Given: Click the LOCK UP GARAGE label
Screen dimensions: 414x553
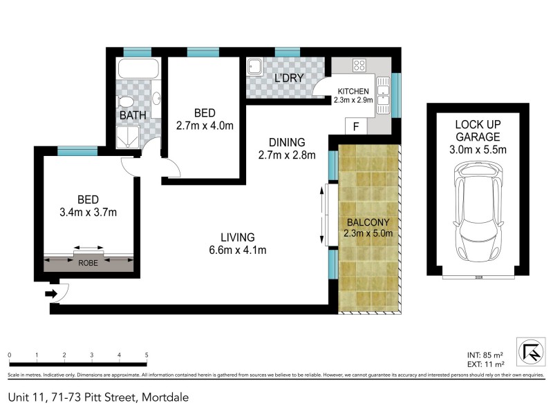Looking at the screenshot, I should [x=480, y=130].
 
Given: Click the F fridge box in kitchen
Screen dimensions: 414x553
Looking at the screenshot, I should [x=356, y=127].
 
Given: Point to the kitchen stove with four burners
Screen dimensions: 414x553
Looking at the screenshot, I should [x=359, y=66].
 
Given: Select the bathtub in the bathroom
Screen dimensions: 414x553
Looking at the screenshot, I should [x=138, y=70].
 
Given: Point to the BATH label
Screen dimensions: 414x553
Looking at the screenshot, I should [x=133, y=116].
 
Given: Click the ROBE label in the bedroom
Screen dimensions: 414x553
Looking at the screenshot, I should [x=88, y=262].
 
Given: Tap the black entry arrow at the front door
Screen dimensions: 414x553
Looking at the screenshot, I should [x=50, y=294].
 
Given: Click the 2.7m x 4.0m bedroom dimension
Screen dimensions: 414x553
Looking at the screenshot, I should [x=205, y=126].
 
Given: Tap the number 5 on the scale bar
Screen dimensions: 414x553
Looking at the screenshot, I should [x=147, y=355].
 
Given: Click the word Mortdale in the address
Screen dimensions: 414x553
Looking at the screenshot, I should [x=166, y=397].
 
